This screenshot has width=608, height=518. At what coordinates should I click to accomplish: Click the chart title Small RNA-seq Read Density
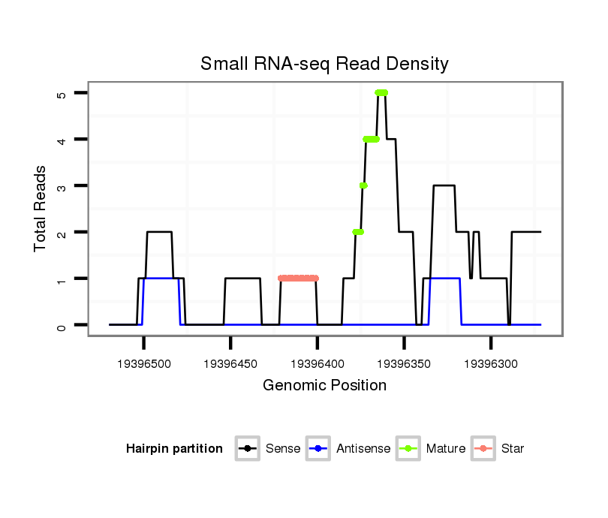point(324,64)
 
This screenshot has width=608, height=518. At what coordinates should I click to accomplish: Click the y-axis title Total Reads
point(41,209)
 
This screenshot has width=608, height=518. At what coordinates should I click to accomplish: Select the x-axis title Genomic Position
point(324,386)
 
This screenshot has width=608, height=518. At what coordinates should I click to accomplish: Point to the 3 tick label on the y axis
point(61,186)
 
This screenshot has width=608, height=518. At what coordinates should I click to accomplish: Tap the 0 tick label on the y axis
point(61,325)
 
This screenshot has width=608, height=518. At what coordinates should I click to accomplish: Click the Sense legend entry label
point(283,449)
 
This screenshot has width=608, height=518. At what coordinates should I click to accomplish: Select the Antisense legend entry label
point(363,449)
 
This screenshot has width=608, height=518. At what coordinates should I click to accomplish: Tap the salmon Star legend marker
point(484,449)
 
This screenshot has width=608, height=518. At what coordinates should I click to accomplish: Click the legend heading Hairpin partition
point(174,449)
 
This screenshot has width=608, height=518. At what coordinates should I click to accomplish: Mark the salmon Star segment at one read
point(298,279)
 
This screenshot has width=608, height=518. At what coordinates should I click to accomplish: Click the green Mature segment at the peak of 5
point(381,92)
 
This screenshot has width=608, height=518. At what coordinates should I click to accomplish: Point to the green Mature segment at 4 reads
point(371,139)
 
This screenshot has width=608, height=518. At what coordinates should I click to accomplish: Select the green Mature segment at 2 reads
point(358,232)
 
